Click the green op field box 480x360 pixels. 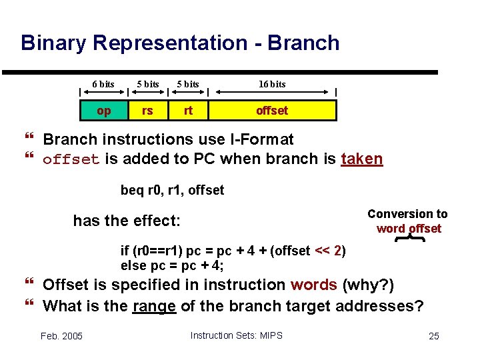104,110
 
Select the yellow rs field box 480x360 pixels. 147,110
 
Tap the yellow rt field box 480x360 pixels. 188,110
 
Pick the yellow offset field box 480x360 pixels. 272,110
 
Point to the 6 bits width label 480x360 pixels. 103,84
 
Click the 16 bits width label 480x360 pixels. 272,84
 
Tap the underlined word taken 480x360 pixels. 361,159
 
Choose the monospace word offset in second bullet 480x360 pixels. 71,159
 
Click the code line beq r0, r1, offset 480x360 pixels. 172,191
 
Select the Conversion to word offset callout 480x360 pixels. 408,221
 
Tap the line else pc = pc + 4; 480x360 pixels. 172,265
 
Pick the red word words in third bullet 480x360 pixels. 313,285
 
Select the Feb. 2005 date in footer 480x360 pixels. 61,336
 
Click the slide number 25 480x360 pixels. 433,336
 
